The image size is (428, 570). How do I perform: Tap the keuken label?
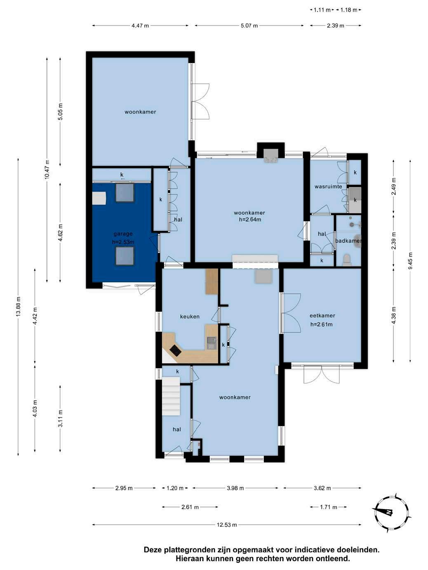point(190,317)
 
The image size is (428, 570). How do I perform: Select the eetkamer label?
point(322,315)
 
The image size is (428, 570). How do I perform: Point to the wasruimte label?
point(328,187)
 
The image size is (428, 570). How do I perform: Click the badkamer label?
point(348,241)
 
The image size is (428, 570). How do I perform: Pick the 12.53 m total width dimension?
point(227,525)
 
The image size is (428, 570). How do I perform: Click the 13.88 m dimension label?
point(18,306)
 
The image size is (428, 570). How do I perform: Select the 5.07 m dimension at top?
point(249,26)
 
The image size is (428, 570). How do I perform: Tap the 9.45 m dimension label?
point(410,261)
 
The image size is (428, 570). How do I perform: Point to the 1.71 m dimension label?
point(329,507)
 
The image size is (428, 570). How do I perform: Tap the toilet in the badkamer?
point(347,260)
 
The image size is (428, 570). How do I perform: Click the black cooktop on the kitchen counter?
point(176,350)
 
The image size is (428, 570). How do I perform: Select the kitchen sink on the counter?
point(211,343)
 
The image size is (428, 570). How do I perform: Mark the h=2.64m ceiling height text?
point(250,220)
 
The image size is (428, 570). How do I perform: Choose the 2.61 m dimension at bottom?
point(190,507)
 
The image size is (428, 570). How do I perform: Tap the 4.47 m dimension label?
point(140,26)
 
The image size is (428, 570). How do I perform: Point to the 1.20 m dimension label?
point(175,488)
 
